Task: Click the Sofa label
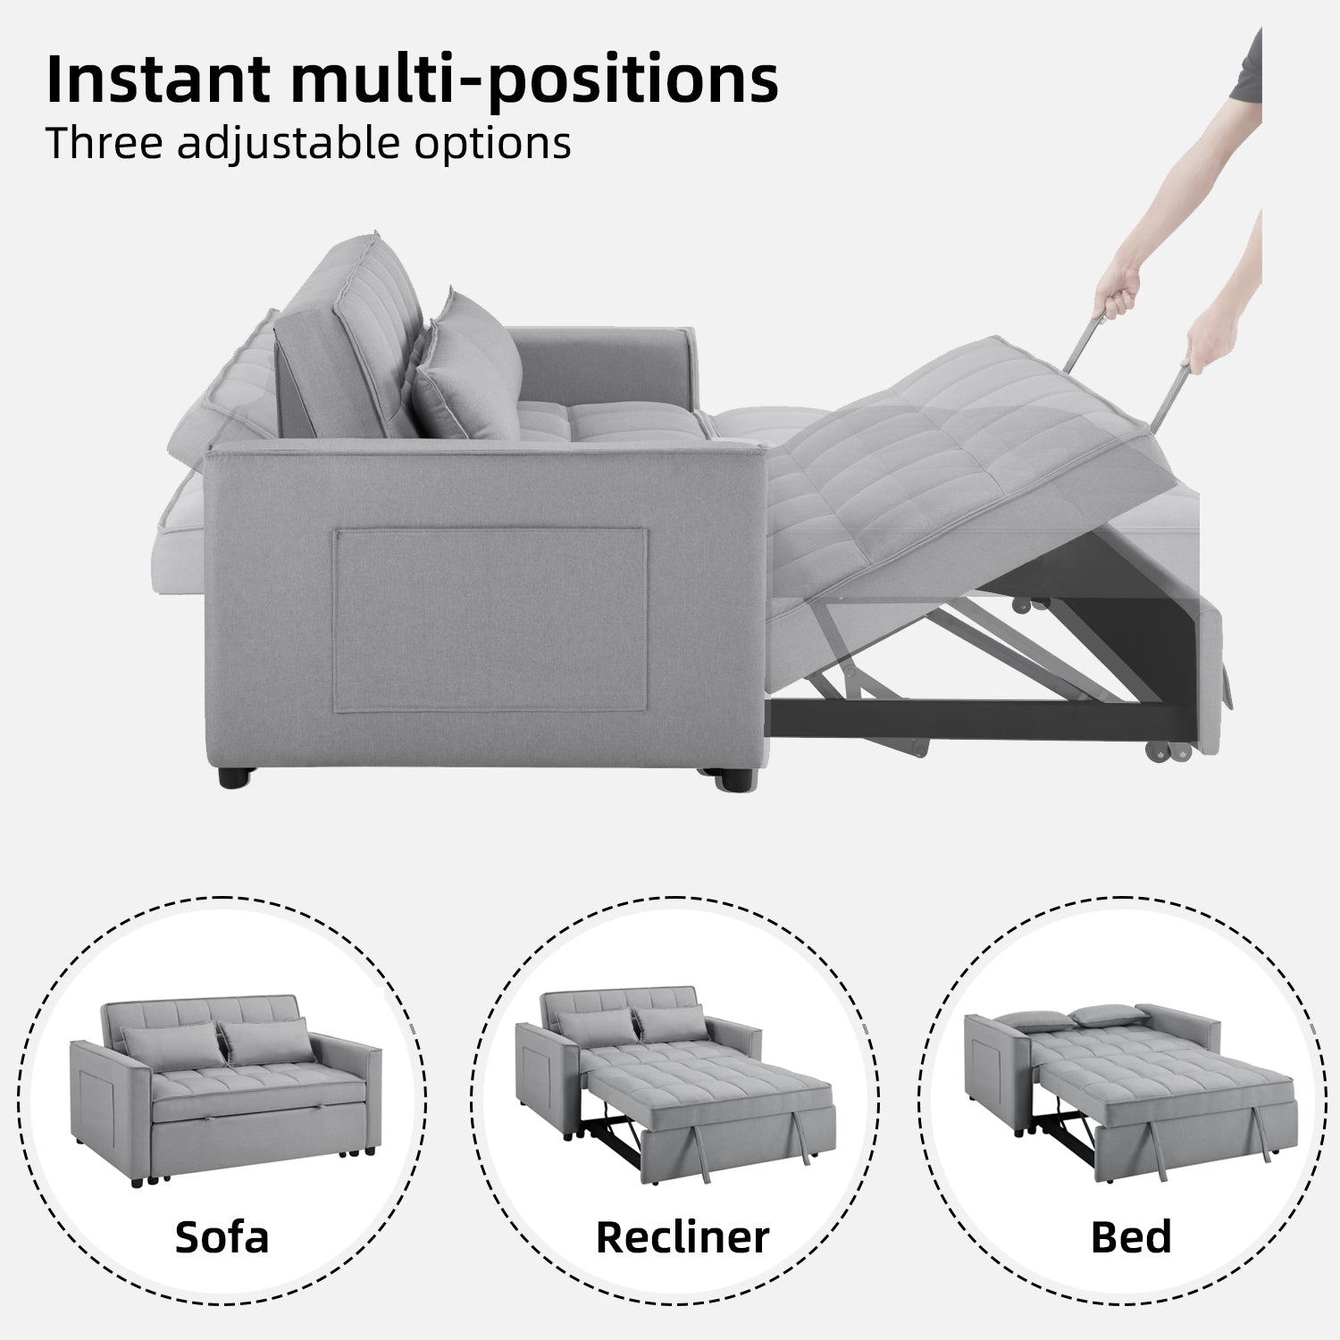[222, 1237]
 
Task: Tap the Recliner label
[683, 1237]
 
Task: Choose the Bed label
[1130, 1237]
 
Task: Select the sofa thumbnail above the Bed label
[1131, 1081]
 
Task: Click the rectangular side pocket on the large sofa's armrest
[490, 620]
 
